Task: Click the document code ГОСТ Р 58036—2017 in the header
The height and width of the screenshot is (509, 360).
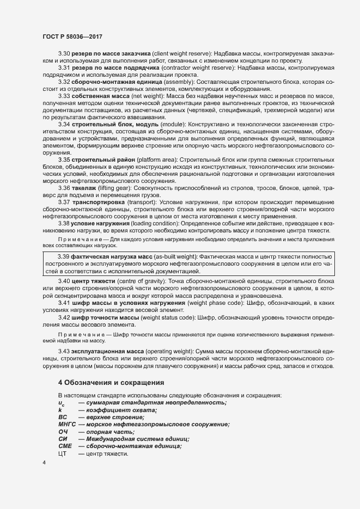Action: tap(72, 36)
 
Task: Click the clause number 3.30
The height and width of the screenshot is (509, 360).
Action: tap(64, 54)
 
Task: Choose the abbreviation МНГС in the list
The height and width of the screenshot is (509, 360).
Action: tap(66, 424)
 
